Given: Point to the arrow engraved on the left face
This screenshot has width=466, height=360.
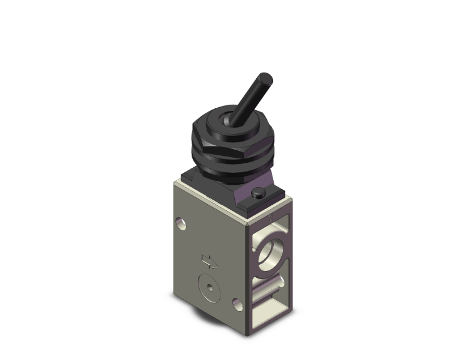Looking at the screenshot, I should click(x=206, y=260).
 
